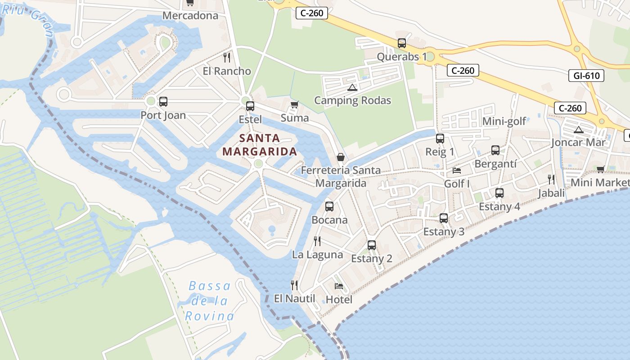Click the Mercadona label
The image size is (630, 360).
190,16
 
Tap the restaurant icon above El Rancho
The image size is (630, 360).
227,58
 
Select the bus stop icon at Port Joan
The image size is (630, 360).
163,102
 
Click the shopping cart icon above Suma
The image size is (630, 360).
294,105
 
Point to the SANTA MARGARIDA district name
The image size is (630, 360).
260,144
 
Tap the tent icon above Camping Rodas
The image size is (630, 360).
352,87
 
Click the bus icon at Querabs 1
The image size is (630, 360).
402,43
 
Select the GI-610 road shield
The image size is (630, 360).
587,76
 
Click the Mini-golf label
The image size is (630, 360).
504,121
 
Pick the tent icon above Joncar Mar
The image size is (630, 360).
579,130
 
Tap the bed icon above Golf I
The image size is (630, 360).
457,171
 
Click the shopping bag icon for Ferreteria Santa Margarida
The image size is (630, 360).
341,157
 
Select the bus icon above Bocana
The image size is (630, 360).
329,207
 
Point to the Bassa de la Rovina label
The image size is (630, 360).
210,301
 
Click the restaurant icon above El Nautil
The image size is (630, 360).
294,285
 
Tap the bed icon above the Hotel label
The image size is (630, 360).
339,286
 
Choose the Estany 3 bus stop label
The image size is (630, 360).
444,232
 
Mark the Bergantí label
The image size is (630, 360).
495,164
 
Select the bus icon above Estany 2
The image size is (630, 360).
372,245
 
